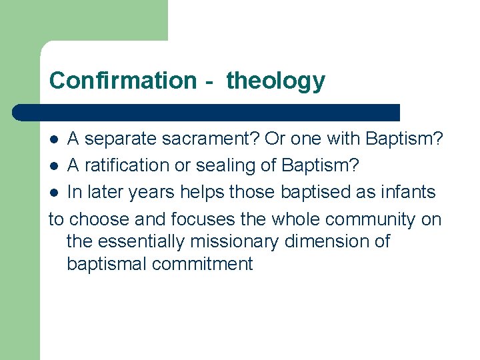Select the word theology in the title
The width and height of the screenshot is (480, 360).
tap(276, 81)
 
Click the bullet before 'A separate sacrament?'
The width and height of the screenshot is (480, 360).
tap(55, 139)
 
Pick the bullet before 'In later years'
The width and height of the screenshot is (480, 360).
tap(55, 193)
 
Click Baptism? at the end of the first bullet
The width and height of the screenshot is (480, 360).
tap(405, 139)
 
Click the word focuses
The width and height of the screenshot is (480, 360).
tap(203, 219)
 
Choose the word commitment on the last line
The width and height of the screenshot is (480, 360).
tap(203, 263)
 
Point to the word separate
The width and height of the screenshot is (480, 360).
tap(124, 139)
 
